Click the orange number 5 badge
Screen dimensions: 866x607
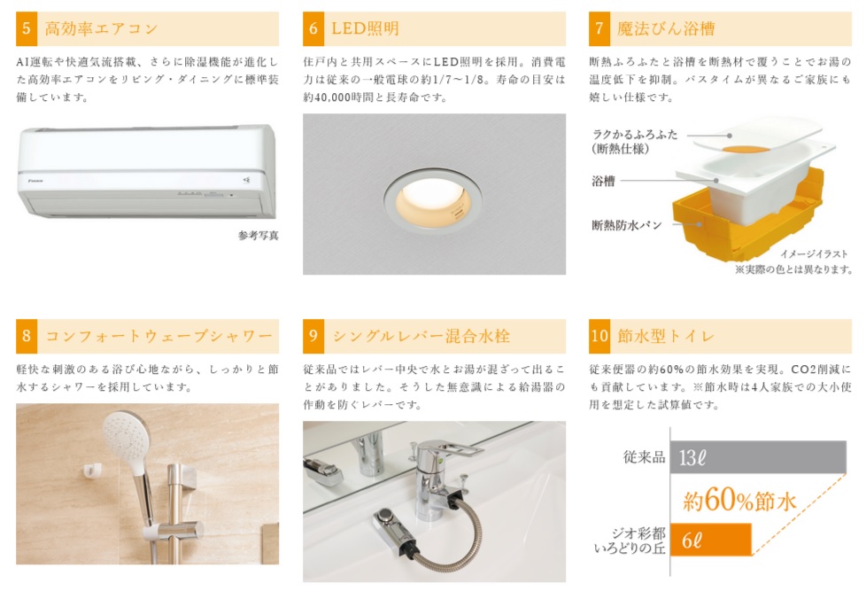click(x=27, y=28)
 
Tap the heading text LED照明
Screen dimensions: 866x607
click(x=365, y=28)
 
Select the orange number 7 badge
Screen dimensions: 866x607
click(x=599, y=28)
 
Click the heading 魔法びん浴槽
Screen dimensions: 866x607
click(x=666, y=28)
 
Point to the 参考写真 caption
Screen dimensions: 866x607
click(x=259, y=236)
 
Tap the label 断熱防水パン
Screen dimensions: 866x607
click(x=626, y=225)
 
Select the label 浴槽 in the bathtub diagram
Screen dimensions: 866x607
click(x=603, y=181)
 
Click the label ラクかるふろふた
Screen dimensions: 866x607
click(x=635, y=135)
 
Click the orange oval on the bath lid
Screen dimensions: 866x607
click(x=746, y=149)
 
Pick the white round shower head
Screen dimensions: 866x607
click(x=126, y=438)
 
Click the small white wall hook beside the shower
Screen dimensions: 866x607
click(x=92, y=470)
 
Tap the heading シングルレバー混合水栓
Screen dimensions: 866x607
click(x=421, y=336)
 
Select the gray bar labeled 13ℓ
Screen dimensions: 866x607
click(x=758, y=457)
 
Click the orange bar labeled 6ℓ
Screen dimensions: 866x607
click(x=711, y=540)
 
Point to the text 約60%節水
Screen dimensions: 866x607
click(x=739, y=500)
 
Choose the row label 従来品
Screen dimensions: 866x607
click(x=644, y=456)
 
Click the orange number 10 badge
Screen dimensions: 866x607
click(x=599, y=336)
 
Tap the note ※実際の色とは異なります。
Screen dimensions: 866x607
click(x=793, y=269)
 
